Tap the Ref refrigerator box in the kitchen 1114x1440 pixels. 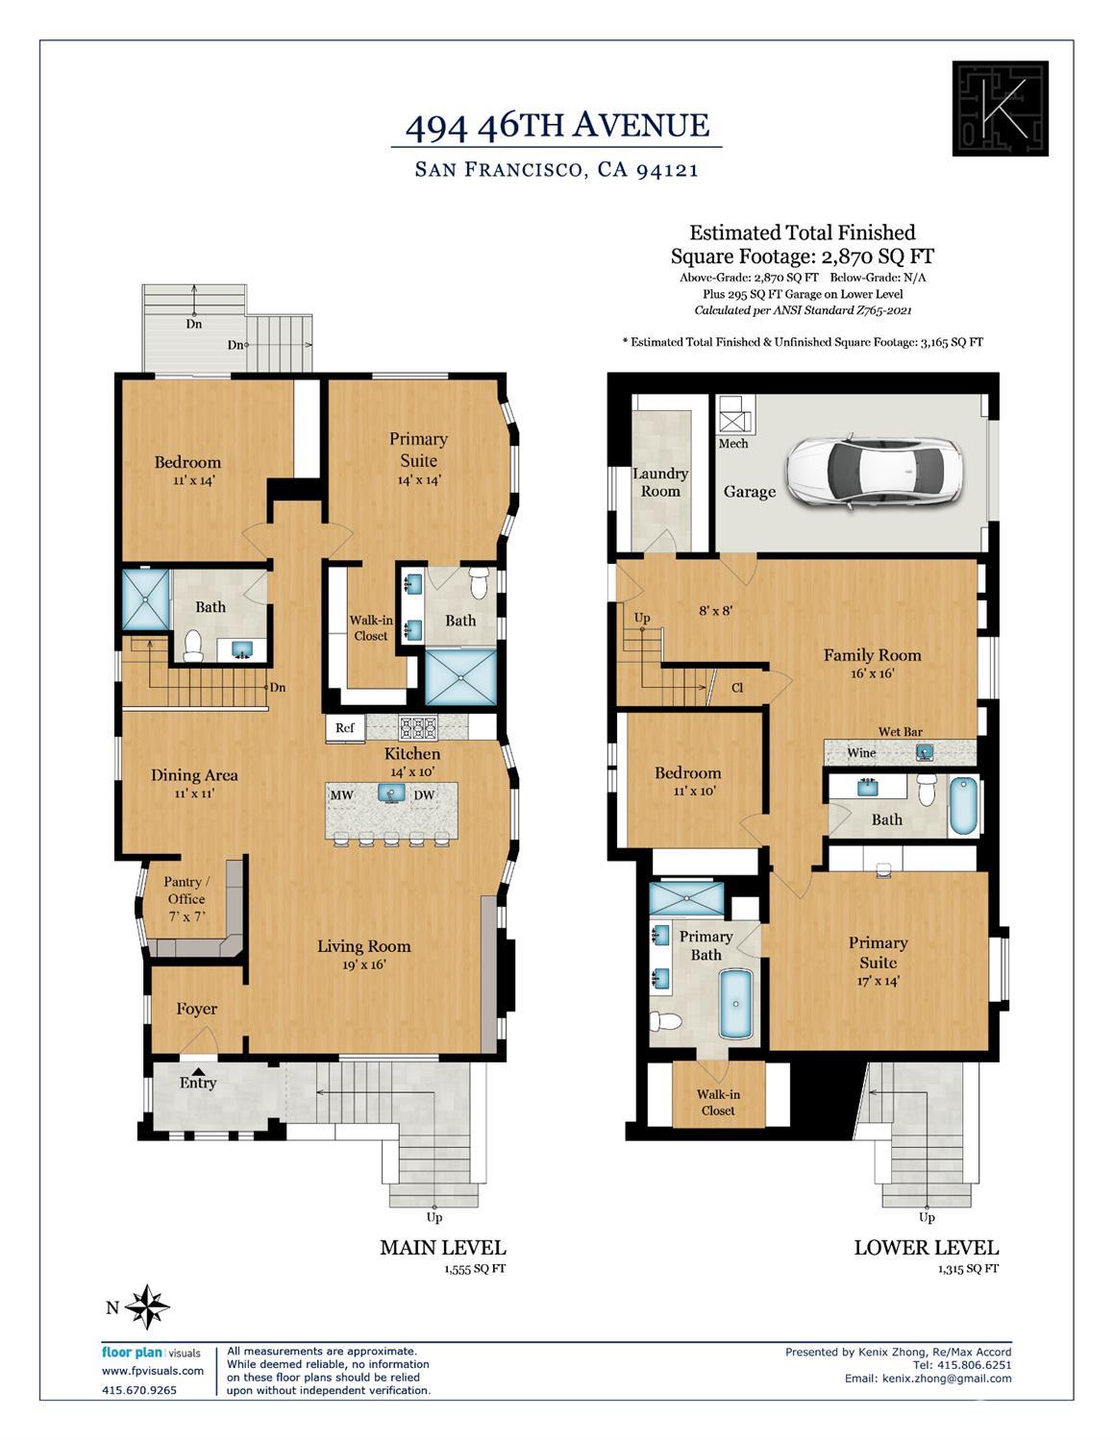pyautogui.click(x=345, y=728)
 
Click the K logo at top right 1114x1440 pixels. pyautogui.click(x=1000, y=109)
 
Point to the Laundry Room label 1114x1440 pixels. pyautogui.click(x=660, y=482)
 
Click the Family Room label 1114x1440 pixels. pyautogui.click(x=872, y=655)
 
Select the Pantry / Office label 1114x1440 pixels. pyautogui.click(x=186, y=891)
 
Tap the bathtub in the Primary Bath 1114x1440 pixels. pyautogui.click(x=737, y=1004)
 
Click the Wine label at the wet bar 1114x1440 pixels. pyautogui.click(x=861, y=753)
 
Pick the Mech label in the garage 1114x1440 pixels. pyautogui.click(x=732, y=444)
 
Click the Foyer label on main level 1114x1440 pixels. pyautogui.click(x=196, y=1009)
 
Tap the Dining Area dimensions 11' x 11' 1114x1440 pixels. pyautogui.click(x=194, y=793)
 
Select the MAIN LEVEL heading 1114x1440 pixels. pyautogui.click(x=442, y=1248)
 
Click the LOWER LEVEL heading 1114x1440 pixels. pyautogui.click(x=926, y=1248)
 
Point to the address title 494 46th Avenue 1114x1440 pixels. pyautogui.click(x=557, y=125)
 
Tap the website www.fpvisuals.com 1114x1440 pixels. pyautogui.click(x=153, y=1371)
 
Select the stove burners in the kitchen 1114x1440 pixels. pyautogui.click(x=418, y=727)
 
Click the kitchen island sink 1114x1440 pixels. pyautogui.click(x=391, y=793)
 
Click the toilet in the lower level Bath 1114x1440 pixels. pyautogui.click(x=927, y=790)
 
